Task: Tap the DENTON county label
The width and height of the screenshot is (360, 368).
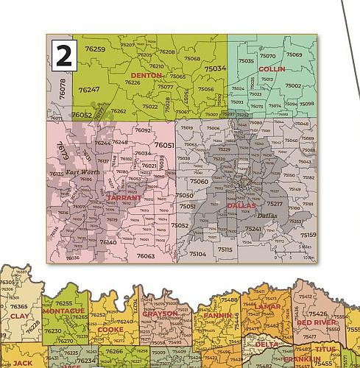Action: point(146,75)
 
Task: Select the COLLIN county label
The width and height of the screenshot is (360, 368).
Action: point(272,68)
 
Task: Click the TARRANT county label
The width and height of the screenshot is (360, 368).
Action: point(123,198)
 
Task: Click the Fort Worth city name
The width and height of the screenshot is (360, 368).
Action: point(82,172)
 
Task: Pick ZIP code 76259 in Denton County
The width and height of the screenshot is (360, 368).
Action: point(96,49)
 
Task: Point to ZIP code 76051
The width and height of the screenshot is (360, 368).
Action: point(163,146)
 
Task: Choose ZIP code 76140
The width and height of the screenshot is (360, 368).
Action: point(108,241)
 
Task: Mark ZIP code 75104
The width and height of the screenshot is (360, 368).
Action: point(197,253)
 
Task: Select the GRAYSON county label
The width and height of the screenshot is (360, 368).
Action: point(160,314)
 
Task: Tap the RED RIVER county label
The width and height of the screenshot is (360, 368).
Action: point(317,322)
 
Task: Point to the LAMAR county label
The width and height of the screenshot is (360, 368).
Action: point(268,306)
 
